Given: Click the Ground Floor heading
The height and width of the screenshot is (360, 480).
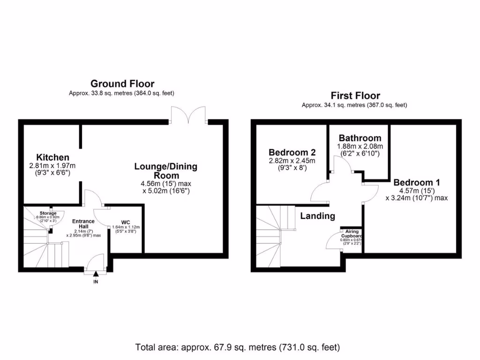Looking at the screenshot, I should click(122, 84).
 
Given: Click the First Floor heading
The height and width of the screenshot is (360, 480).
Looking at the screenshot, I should click(355, 96).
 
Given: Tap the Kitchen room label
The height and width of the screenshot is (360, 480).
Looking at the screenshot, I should click(52, 157).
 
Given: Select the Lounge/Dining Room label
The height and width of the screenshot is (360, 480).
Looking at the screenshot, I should click(166, 171).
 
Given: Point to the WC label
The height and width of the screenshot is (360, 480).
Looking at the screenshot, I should click(125, 222).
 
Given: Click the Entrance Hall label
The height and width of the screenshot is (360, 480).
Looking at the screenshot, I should click(83, 224).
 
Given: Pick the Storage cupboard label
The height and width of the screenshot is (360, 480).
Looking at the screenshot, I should click(48, 213).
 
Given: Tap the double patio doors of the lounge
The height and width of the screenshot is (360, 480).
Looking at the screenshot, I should click(189, 115).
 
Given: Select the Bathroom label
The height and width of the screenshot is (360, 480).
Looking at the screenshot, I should click(360, 138).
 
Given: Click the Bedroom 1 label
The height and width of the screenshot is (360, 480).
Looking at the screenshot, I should click(416, 182).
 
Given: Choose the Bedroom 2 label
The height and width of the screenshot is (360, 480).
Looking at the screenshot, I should click(292, 152).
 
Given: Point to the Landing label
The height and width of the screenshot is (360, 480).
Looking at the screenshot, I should click(317, 216).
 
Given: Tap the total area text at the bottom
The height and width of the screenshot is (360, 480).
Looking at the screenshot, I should click(238, 347).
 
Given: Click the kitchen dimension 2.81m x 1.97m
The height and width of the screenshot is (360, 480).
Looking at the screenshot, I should click(52, 165).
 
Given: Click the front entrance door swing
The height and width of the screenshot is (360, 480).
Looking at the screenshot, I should click(97, 262).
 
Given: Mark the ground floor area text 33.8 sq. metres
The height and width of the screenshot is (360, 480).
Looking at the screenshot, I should click(122, 93).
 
